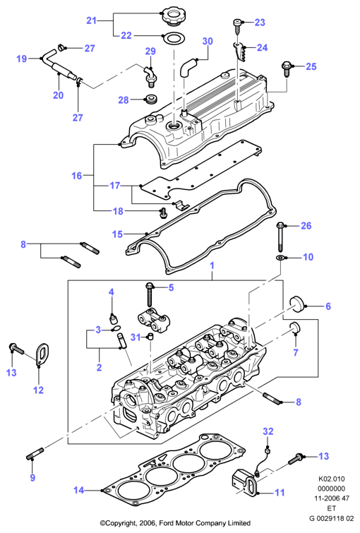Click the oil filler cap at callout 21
tap(171, 16)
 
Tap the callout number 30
tap(208, 41)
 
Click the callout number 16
tap(77, 175)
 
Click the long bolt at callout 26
tap(281, 235)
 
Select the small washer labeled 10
tap(280, 258)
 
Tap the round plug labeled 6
tap(296, 304)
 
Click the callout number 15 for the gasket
tap(118, 234)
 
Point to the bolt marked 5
tap(149, 294)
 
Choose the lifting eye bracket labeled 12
tap(42, 354)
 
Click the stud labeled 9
tap(35, 455)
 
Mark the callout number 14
tap(78, 490)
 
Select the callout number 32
tap(268, 431)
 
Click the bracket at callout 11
tap(246, 481)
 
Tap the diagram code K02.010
tap(332, 479)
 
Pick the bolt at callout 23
tap(237, 26)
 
